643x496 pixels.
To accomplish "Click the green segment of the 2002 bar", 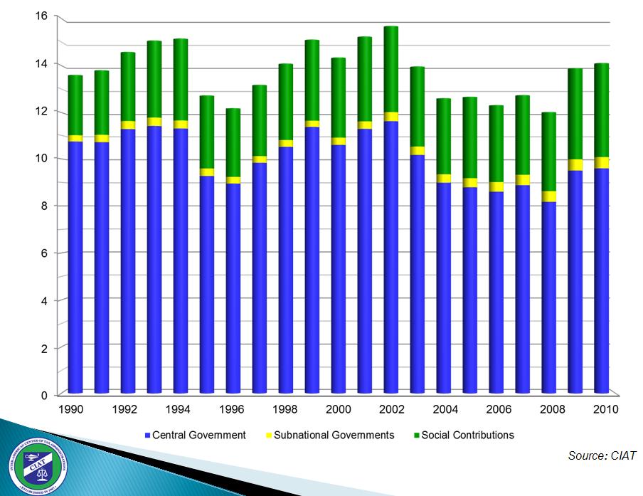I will [391, 70].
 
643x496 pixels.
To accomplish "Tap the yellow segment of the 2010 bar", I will [602, 162].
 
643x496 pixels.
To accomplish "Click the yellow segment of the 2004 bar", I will [444, 179].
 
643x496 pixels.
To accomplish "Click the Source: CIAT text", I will [602, 455].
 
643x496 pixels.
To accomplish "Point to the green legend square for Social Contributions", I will [416, 435].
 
